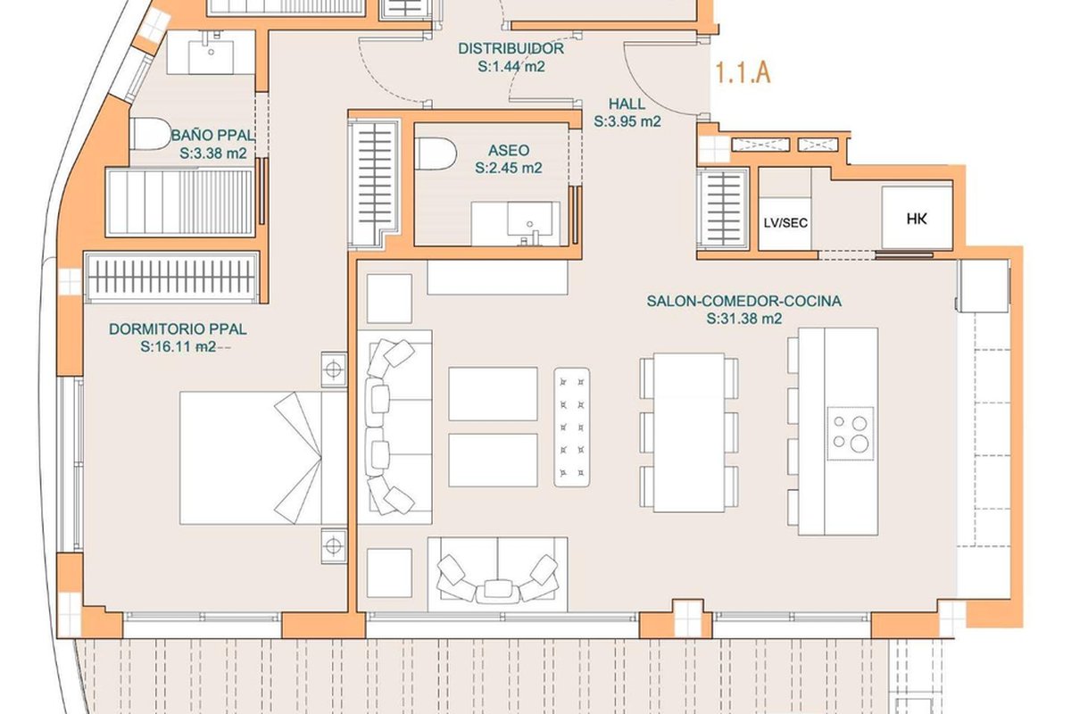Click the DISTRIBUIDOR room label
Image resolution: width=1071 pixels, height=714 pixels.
point(511,48)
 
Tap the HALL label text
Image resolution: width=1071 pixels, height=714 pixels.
point(627,104)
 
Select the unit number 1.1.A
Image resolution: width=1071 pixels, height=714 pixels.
point(743,73)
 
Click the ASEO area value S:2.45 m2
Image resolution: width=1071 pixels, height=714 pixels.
point(508,168)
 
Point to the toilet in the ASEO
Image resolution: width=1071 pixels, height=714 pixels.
point(436,154)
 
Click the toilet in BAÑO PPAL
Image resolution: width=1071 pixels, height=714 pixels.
point(150,133)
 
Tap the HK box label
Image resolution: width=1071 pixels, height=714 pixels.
point(917,219)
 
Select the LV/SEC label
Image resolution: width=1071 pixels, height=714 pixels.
point(785,223)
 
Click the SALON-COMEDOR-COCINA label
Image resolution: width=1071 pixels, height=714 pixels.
point(744,301)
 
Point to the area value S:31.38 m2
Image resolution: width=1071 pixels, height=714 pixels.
point(744,319)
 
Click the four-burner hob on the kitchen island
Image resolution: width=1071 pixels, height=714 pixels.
point(851,434)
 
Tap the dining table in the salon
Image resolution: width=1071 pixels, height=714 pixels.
point(689,433)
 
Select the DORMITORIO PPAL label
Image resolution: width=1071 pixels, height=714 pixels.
point(178,329)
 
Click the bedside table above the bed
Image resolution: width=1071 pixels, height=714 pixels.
point(334,369)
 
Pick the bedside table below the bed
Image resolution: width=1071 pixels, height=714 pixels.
point(334,545)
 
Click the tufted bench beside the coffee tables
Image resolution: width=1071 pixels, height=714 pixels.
point(572,428)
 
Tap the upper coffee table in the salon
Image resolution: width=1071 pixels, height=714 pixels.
point(493,394)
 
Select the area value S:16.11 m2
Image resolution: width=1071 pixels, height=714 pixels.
point(178,346)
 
